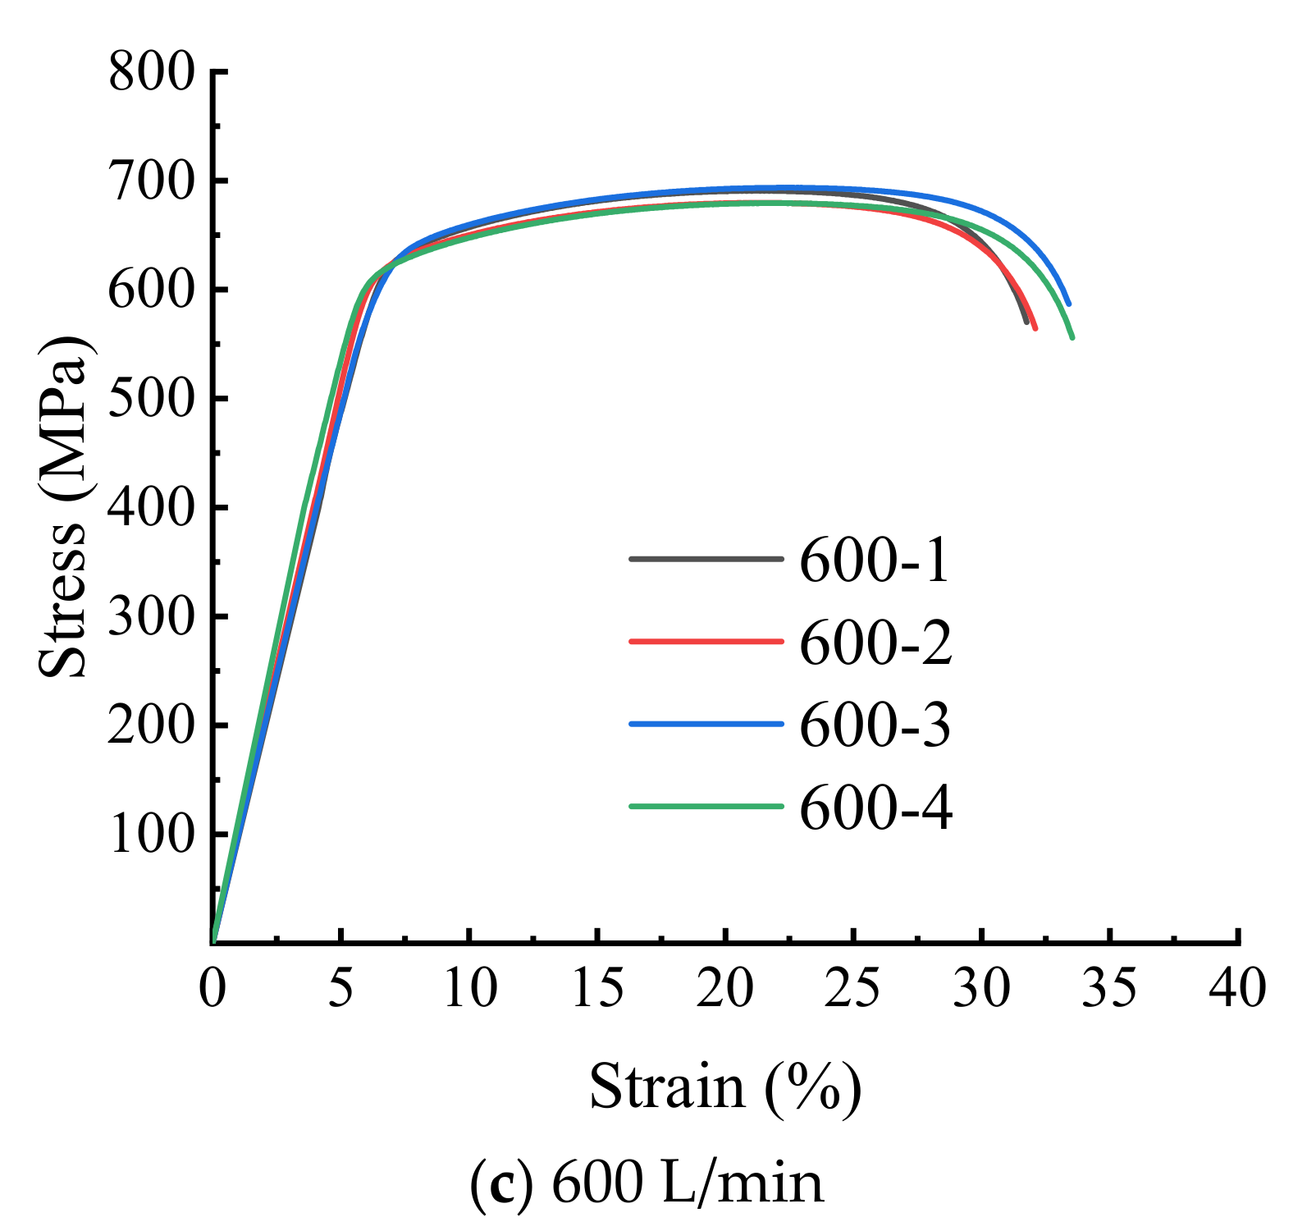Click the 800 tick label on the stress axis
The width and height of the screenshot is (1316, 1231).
(152, 72)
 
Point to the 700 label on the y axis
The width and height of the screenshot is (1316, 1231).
(152, 181)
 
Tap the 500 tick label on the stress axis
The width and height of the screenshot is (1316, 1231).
(152, 399)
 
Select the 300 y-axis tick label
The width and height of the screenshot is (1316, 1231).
(152, 616)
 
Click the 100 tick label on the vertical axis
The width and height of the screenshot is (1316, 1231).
(152, 835)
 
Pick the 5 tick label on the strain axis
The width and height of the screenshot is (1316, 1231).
(340, 988)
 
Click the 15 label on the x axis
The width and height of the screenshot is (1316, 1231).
(596, 988)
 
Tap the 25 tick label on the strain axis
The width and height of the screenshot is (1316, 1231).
(852, 988)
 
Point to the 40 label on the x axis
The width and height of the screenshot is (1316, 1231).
(1237, 988)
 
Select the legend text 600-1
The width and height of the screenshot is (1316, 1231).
(875, 561)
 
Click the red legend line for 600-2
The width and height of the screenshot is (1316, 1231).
(706, 641)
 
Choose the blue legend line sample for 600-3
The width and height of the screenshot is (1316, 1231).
(706, 724)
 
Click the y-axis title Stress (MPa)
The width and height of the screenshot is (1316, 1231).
(64, 506)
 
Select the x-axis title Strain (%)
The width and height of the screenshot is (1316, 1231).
(725, 1087)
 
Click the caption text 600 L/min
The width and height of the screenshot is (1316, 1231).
(688, 1183)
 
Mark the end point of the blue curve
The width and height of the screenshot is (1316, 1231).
(1068, 304)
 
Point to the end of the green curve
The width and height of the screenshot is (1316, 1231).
(1072, 337)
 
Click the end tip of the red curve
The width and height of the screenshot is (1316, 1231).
(1035, 328)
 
